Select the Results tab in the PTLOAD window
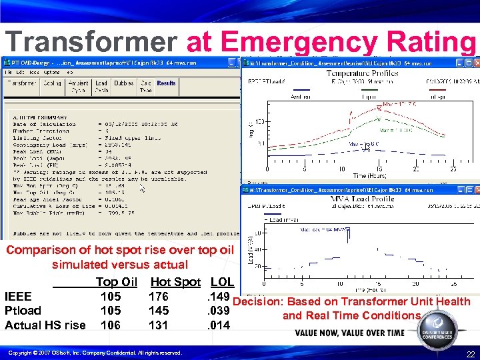pyautogui.click(x=166, y=83)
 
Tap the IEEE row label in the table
pyautogui.click(x=18, y=297)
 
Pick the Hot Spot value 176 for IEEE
pyautogui.click(x=159, y=297)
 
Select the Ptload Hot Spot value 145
pyautogui.click(x=159, y=311)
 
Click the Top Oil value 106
pyautogui.click(x=111, y=325)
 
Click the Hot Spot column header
pyautogui.click(x=175, y=282)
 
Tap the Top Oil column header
pyautogui.click(x=116, y=282)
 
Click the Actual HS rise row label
pyautogui.click(x=45, y=325)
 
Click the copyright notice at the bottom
pyautogui.click(x=95, y=353)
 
